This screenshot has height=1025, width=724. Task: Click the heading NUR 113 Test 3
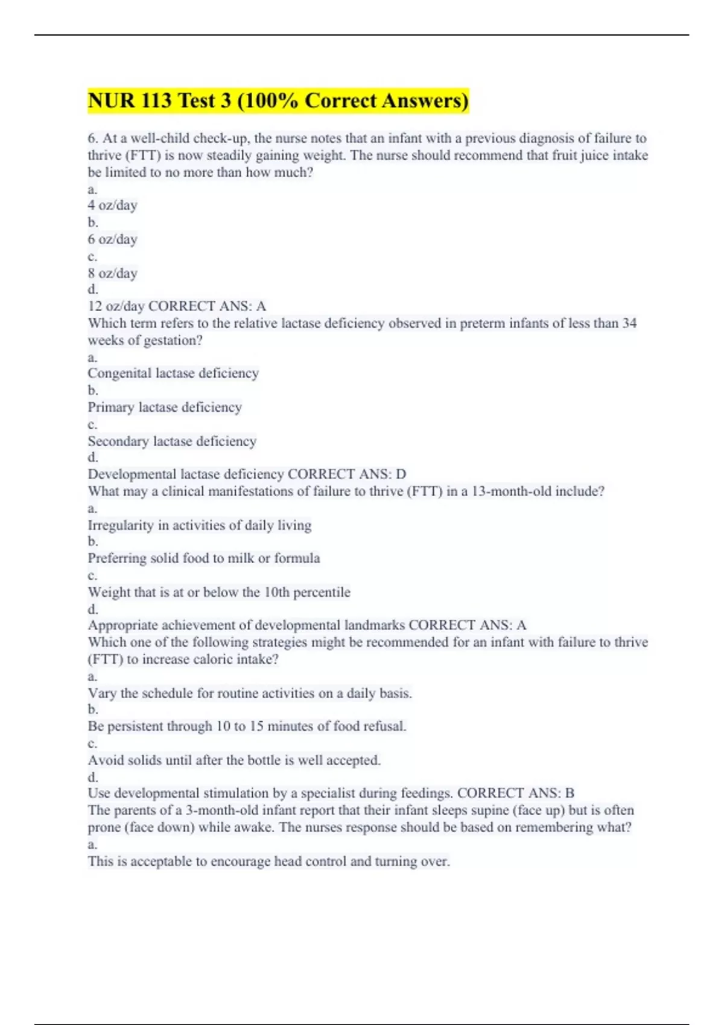click(278, 101)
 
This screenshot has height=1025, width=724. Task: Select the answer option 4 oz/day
click(113, 206)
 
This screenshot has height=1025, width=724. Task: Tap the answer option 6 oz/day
click(113, 239)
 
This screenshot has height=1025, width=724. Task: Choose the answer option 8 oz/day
click(113, 273)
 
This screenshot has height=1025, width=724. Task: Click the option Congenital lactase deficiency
click(173, 373)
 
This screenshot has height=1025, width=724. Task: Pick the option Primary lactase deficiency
click(165, 408)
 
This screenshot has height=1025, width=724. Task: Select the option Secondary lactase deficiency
click(172, 441)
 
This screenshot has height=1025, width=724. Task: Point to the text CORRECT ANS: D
click(347, 475)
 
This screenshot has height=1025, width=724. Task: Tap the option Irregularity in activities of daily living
click(200, 525)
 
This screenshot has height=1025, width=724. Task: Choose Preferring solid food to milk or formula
click(204, 558)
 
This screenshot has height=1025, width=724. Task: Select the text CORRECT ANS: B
click(516, 793)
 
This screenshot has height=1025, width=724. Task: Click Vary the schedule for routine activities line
click(250, 693)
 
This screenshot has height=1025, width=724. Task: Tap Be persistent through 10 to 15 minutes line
click(247, 727)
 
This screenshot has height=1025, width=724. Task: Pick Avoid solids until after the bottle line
click(234, 760)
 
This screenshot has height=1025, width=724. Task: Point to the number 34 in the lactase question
click(629, 323)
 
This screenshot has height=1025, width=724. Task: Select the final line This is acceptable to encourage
click(268, 861)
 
